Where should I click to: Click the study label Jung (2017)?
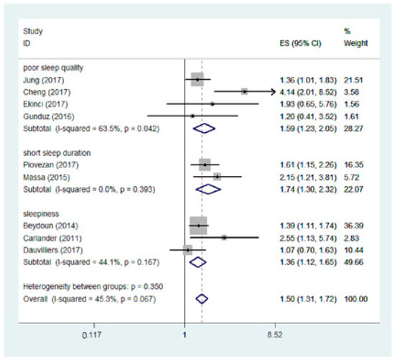coord(42,80)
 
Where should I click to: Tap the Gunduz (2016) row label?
coord(45,116)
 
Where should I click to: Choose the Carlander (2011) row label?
coord(48,237)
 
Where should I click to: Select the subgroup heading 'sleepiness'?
coord(41,214)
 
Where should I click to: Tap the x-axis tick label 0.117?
coord(91,335)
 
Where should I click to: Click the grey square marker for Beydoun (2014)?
coord(197,226)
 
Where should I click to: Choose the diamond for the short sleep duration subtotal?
coord(208,189)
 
